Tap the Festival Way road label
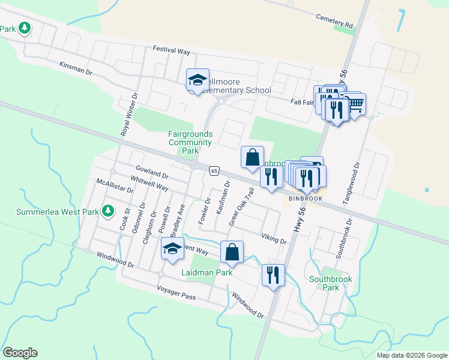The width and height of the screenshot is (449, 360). coord(171,50)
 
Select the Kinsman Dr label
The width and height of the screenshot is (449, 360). coord(76,68)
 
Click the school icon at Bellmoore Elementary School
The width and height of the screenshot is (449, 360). coord(197,80)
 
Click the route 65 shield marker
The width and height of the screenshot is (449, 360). coord(214,171)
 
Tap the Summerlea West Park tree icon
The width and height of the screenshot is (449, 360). coord(108,211)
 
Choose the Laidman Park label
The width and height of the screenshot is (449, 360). coord(206,272)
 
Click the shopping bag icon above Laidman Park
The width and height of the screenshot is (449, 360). coord(232,252)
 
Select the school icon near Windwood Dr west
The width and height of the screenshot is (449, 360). coord(172,249)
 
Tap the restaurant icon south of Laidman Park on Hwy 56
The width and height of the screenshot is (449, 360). coord(273,275)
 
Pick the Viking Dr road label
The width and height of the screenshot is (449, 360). coord(274,238)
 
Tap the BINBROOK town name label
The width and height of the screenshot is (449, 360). coord(306,198)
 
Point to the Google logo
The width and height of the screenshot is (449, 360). coord(20,353)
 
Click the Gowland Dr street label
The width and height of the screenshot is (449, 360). coord(150,173)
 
